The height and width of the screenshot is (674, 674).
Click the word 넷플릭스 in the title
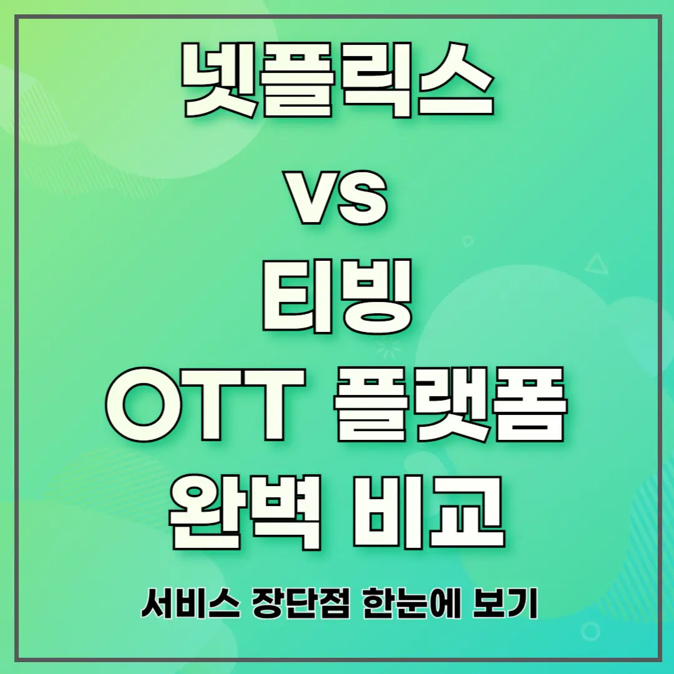click(x=337, y=82)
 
